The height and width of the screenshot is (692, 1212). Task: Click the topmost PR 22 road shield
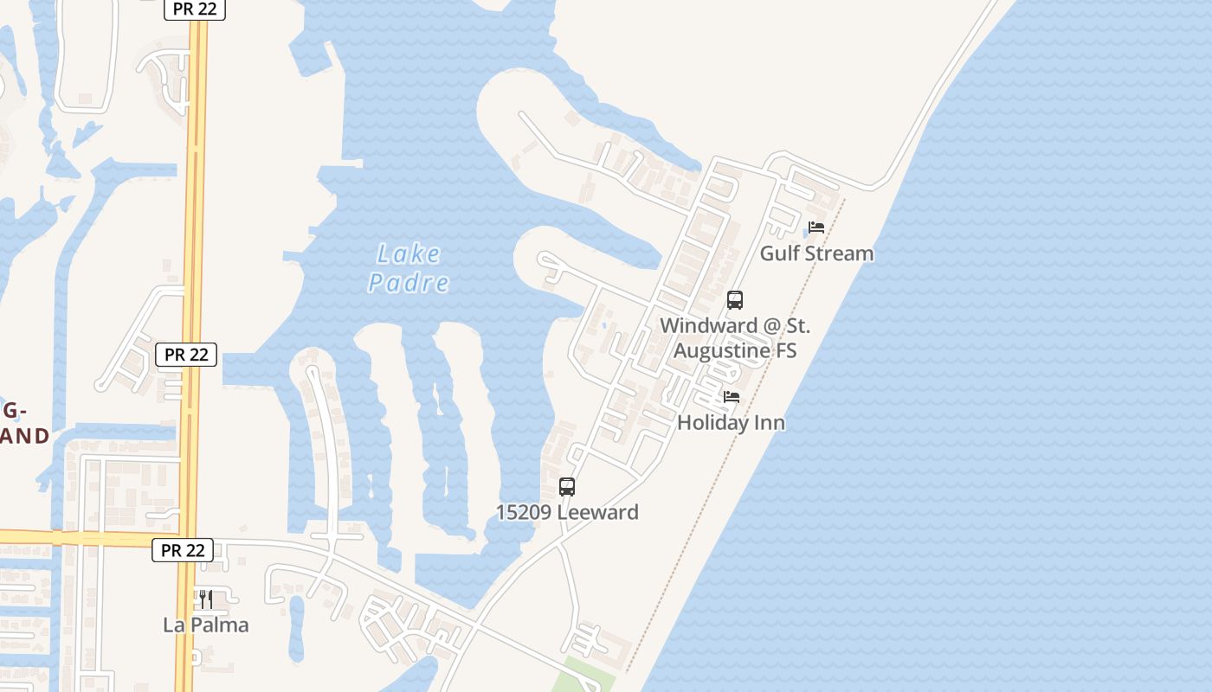(x=195, y=10)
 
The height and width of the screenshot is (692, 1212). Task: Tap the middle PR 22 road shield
(x=186, y=355)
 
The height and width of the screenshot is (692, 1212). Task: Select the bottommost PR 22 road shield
(x=183, y=550)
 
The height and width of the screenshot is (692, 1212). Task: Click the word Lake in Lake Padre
(x=409, y=255)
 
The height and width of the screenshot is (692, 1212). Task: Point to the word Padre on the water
(x=409, y=283)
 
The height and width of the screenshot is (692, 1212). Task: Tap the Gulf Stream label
(x=816, y=253)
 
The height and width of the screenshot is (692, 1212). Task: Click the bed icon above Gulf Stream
(x=816, y=228)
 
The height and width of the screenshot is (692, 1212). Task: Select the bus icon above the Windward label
(x=735, y=300)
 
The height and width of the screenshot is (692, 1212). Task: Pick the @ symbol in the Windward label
(x=749, y=327)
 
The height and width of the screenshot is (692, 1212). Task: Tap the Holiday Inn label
(x=731, y=423)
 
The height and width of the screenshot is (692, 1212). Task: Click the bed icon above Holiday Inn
(x=732, y=398)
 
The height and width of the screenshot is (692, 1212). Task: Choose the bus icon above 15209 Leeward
(x=567, y=487)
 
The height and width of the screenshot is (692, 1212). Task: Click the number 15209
(x=523, y=512)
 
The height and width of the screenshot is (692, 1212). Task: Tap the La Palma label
(x=206, y=625)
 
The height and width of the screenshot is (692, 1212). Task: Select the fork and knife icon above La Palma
(x=206, y=599)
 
